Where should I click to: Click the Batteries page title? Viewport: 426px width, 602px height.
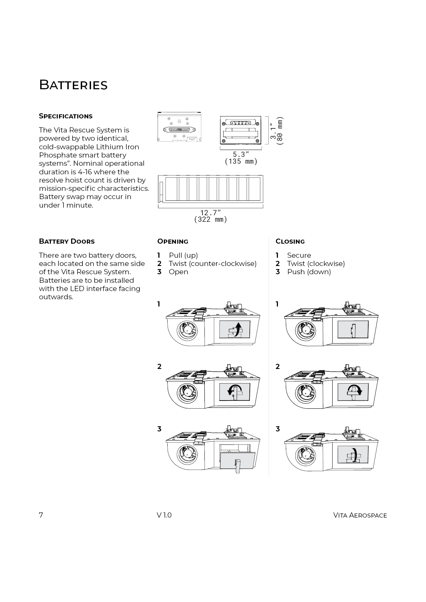point(73,85)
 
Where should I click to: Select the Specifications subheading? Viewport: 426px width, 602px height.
point(66,116)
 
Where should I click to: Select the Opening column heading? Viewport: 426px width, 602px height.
point(173,241)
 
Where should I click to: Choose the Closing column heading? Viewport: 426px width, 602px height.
point(290,241)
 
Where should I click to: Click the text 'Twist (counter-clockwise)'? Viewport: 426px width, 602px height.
point(212,264)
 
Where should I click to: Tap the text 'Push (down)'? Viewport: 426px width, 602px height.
point(309,272)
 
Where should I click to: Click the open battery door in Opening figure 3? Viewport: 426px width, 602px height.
point(237,460)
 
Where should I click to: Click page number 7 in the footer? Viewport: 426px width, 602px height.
point(41,515)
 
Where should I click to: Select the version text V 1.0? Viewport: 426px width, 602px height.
point(164,515)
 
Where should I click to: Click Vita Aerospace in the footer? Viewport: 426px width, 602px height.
point(360,515)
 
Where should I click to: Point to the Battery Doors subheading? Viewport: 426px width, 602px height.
point(67,241)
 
